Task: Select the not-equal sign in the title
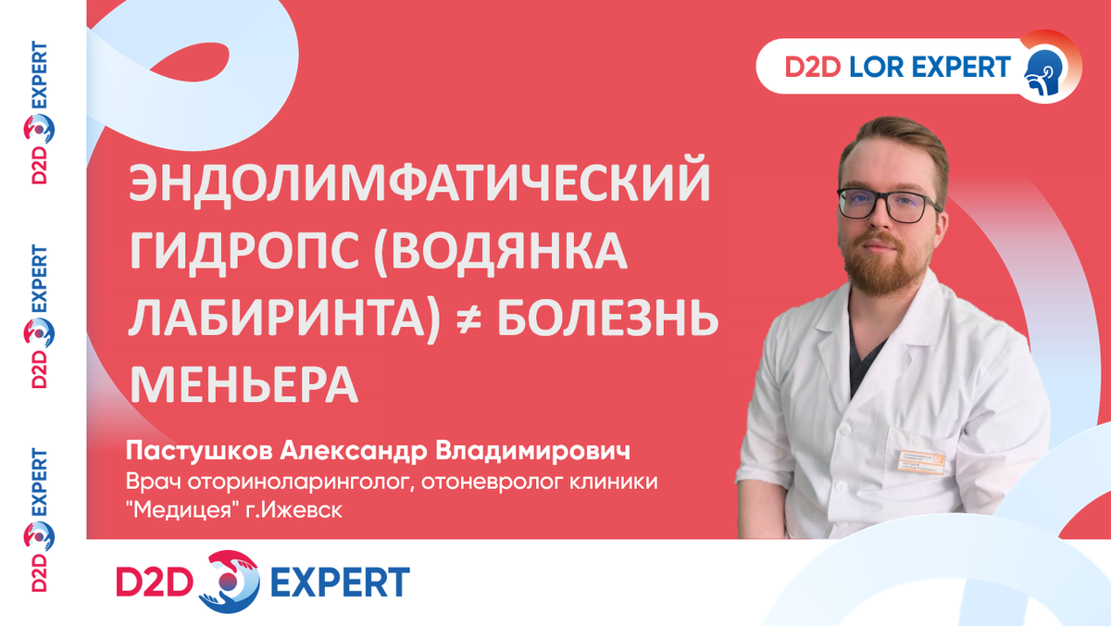coord(469,319)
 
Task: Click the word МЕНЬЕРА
coord(243,385)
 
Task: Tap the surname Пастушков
coord(199,451)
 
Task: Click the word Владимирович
coord(532,451)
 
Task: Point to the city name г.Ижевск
coord(293,510)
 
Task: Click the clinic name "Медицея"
coord(182,509)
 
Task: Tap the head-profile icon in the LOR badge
coord(1044,72)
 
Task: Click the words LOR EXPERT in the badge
coord(930,67)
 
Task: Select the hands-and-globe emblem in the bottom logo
coord(230,582)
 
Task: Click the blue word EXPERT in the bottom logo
coord(341,582)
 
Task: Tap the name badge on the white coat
coord(921,462)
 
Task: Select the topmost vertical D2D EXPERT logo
coord(39,113)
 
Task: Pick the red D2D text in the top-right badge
coord(813,67)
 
